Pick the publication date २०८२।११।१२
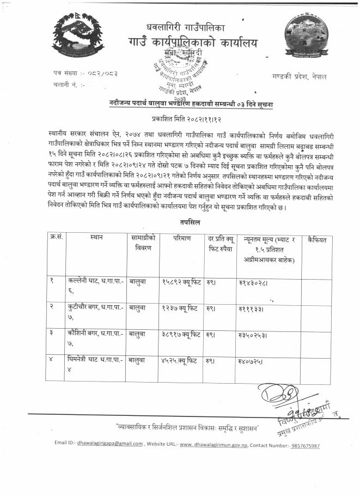pyautogui.click(x=180, y=117)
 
